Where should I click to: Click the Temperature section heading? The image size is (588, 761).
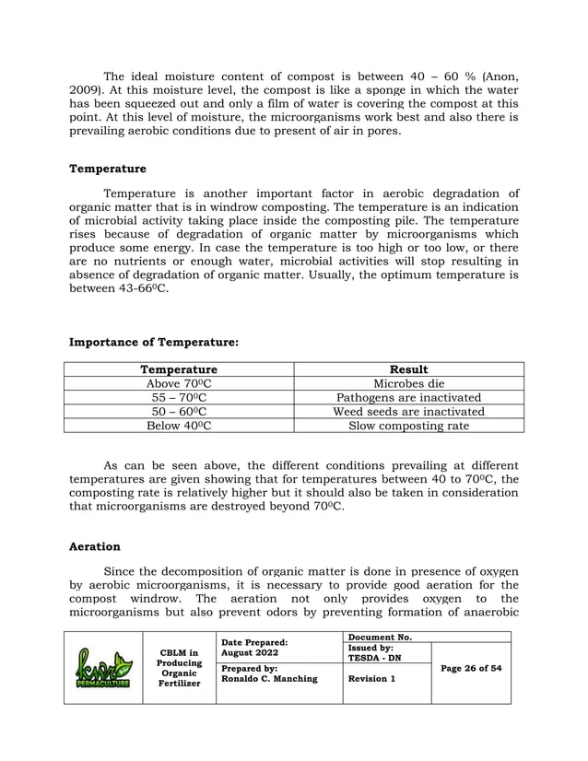pos(108,169)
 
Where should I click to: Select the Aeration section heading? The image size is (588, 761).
pos(95,546)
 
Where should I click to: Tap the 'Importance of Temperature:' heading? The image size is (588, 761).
pos(154,342)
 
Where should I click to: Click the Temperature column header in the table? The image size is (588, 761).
pos(179,369)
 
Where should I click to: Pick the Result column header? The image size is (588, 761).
pos(408,369)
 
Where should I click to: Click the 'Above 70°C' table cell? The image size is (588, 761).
pos(179,383)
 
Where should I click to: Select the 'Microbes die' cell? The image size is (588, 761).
pos(408,383)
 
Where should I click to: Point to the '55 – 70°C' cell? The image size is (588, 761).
pos(179,397)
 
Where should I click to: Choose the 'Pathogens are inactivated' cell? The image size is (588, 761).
pos(408,397)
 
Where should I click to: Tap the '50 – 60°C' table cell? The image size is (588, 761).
pos(179,411)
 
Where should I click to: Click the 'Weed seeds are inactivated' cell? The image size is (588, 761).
pos(408,411)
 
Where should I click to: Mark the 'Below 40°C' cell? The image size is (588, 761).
pos(179,426)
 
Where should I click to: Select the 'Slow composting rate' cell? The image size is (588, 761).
pos(408,426)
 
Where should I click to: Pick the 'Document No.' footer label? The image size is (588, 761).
pos(380,637)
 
